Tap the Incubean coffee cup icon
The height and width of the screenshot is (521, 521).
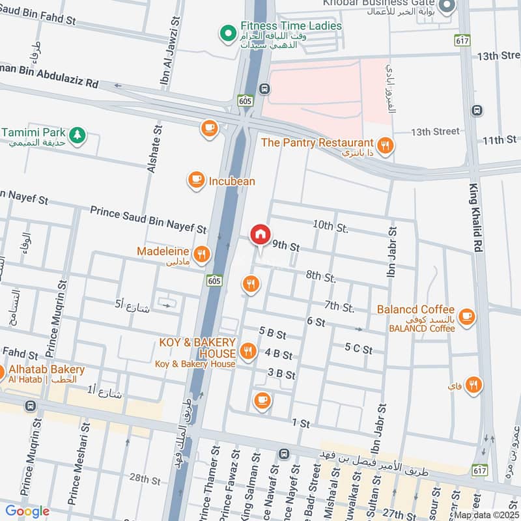coord(195,180)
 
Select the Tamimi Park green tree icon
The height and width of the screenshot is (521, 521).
coord(77,134)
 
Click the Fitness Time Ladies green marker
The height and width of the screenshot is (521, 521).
coord(228,31)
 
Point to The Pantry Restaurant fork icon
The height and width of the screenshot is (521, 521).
coord(386,146)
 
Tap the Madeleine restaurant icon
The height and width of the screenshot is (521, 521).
coord(202,255)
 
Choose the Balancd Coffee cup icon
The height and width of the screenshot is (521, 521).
coord(466,317)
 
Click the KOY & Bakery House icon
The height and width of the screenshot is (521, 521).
coord(247,352)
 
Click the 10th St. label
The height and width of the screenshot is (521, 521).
coord(330,225)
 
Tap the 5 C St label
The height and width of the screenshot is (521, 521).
coord(358,350)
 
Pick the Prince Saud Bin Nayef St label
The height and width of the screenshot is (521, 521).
coord(148,219)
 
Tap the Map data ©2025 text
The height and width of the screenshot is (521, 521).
coord(486,515)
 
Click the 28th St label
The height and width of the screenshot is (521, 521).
coord(144,479)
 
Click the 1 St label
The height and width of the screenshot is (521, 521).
coord(300,423)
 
